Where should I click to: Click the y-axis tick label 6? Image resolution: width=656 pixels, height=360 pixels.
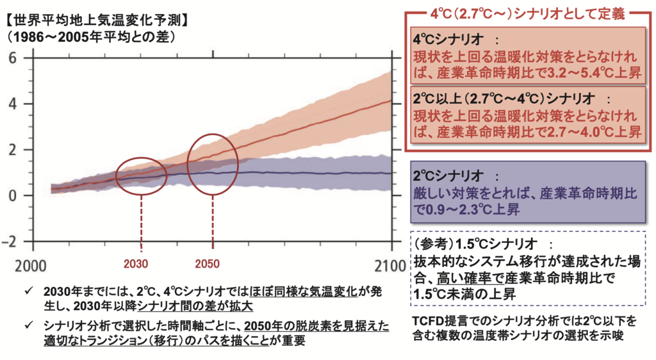click(x=11, y=58)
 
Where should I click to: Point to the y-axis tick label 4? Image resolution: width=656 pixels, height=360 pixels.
click(x=11, y=104)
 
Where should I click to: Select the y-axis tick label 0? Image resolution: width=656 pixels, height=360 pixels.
click(x=11, y=196)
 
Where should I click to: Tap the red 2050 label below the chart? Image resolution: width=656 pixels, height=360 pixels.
click(x=208, y=264)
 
